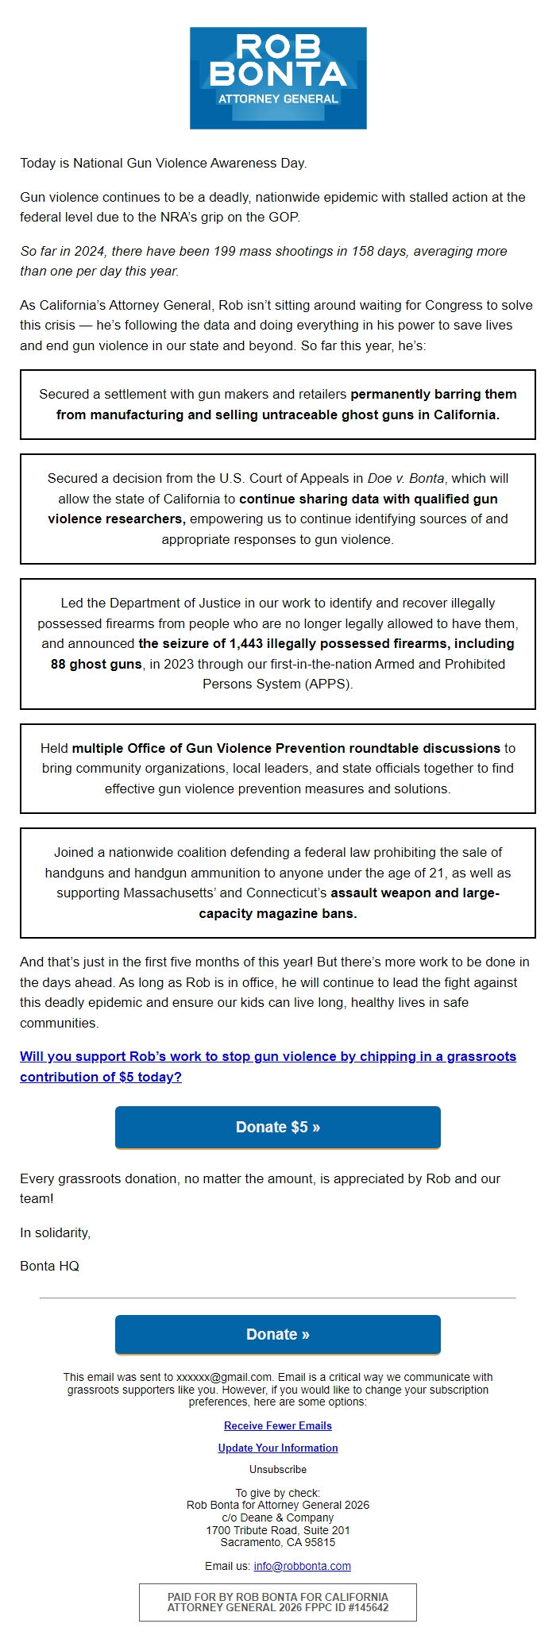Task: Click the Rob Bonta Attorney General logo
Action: coord(278,78)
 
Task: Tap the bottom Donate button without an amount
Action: coord(278,1334)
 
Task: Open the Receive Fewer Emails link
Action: coord(278,1425)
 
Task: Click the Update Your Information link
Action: coord(278,1448)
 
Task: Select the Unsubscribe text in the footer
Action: coord(278,1469)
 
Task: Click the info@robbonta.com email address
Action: coord(302,1566)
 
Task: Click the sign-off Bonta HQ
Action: coord(49,1266)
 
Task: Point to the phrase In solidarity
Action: coord(55,1232)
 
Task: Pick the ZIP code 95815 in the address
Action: coord(319,1542)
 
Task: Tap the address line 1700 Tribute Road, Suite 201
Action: coord(278,1530)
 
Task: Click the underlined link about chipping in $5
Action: coord(268,1066)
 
